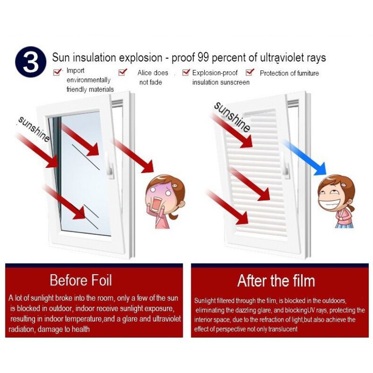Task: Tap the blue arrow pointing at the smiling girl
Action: (304, 157)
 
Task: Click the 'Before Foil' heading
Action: (81, 280)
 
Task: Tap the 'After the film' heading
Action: (276, 281)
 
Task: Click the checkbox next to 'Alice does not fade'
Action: (123, 72)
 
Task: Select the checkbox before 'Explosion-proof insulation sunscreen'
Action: (186, 72)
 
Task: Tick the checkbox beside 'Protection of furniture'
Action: (250, 72)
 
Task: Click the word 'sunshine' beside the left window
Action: (34, 129)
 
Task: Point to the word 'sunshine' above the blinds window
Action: (232, 117)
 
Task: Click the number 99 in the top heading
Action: (203, 57)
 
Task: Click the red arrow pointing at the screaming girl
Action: (133, 156)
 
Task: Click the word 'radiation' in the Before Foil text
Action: (21, 329)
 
